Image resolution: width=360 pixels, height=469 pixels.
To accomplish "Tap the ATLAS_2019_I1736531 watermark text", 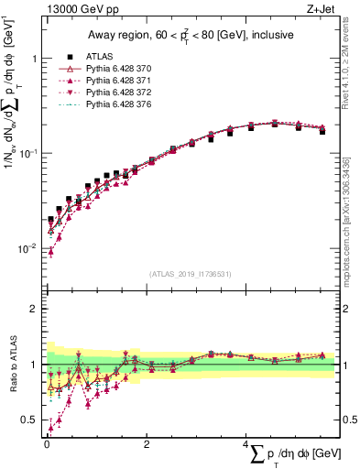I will tap(191, 274).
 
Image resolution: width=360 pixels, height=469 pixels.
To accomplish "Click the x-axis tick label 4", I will tap(245, 444).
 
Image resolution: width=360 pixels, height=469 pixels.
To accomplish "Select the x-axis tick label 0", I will tap(46, 444).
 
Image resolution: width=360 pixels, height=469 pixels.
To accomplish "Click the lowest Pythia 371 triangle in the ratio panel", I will tap(50, 428).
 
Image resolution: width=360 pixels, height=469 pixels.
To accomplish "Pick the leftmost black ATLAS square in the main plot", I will tap(50, 220).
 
